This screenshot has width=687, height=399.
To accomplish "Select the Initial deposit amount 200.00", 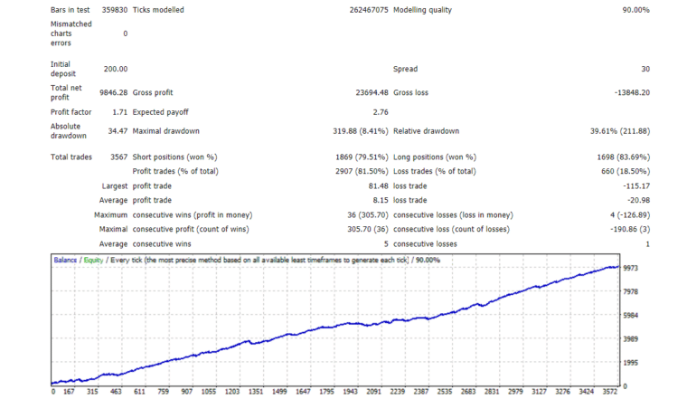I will pos(116,69).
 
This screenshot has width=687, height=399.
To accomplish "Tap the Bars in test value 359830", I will pos(112,10).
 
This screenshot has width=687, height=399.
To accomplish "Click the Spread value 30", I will pos(645,69).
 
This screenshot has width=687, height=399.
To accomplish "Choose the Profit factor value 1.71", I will pos(118,111).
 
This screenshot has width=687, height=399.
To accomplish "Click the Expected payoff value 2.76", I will pos(381,111).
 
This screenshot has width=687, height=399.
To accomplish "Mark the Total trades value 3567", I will pos(117,157).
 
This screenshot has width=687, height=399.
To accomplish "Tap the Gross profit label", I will pos(155,91).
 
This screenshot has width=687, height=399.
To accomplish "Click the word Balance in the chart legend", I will pos(65,260).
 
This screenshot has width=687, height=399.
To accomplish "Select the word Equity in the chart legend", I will pos(93,260).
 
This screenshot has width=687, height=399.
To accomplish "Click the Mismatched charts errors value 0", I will pos(125,33).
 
